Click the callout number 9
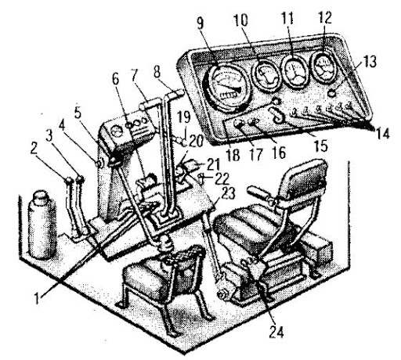[200, 23]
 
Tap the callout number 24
[276, 333]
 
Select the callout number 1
[38, 298]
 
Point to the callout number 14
[382, 133]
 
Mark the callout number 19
[184, 117]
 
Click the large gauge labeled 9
[226, 88]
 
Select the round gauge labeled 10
[266, 75]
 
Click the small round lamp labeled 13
[332, 92]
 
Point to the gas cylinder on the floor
[42, 225]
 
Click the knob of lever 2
[69, 181]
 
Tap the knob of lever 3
[80, 179]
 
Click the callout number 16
[278, 153]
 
